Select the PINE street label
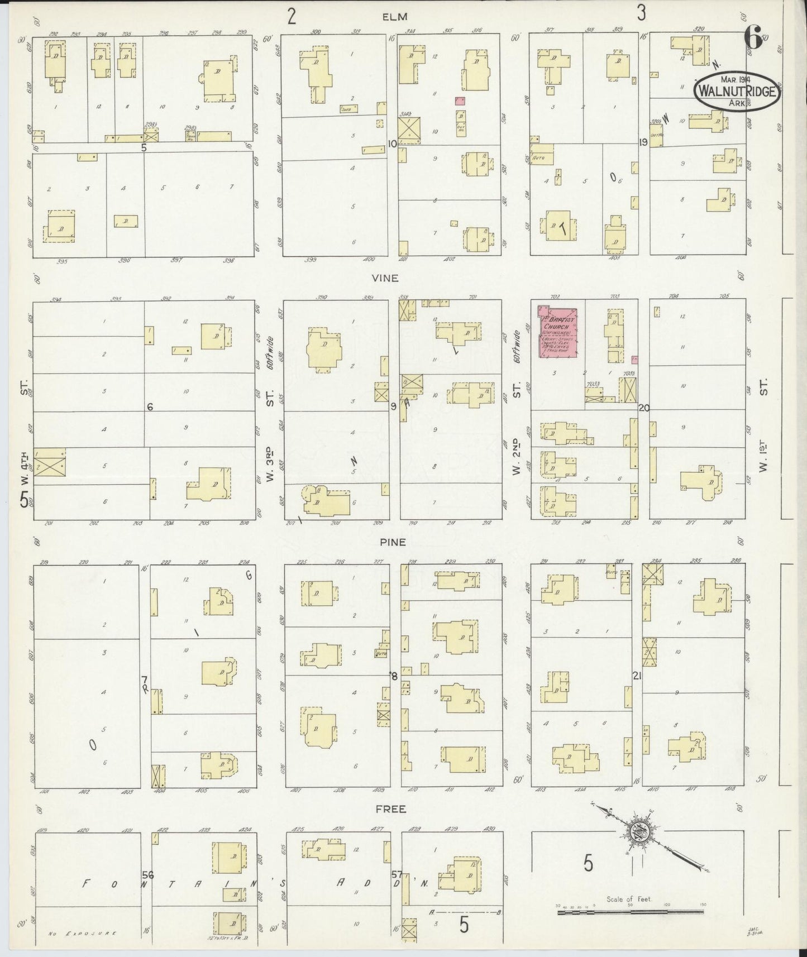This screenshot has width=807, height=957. (x=393, y=542)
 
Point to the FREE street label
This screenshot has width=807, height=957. (x=391, y=808)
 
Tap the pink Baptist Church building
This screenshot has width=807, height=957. (x=557, y=332)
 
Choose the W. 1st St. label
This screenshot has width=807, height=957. (x=764, y=424)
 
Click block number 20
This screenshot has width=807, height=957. (x=644, y=408)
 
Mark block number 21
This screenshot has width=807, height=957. (x=636, y=676)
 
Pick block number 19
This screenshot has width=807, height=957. (x=643, y=142)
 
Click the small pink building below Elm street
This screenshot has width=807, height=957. (x=460, y=101)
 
